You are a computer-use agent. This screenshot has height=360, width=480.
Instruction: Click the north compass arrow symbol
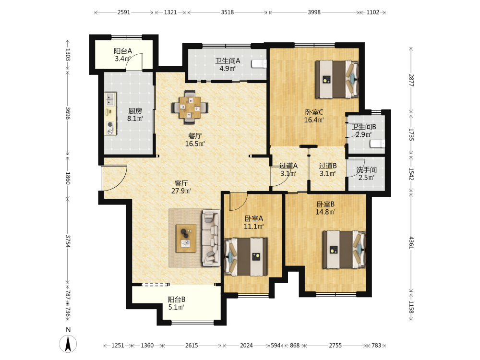click(x=68, y=344)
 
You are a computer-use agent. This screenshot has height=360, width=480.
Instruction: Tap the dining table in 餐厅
click(x=190, y=108)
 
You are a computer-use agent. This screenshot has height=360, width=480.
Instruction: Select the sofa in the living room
click(x=211, y=238)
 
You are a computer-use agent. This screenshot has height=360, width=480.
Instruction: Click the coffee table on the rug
click(x=186, y=238)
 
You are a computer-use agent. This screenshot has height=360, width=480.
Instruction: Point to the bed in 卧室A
click(x=246, y=257)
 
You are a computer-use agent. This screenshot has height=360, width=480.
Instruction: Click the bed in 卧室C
click(x=337, y=79)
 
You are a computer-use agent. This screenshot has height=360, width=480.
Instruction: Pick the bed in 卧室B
click(x=344, y=250)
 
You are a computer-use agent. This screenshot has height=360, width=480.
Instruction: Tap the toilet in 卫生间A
click(x=259, y=64)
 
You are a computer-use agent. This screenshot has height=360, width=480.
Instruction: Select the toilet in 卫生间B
click(x=377, y=144)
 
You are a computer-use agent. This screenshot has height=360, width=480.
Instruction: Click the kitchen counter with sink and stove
click(x=111, y=114)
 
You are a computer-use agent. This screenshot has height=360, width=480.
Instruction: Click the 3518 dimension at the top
click(x=228, y=12)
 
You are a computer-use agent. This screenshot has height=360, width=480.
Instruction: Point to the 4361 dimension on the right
click(x=411, y=242)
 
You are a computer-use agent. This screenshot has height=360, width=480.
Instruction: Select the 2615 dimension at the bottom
click(x=192, y=346)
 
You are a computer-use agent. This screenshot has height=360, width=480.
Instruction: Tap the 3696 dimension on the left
click(x=68, y=113)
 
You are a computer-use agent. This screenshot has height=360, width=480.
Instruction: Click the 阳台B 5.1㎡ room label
click(x=176, y=303)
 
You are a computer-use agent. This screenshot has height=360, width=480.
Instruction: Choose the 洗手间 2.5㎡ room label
click(x=366, y=174)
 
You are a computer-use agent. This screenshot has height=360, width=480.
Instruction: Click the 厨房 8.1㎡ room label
click(x=135, y=115)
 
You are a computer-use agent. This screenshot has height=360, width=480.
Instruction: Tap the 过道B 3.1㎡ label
click(x=328, y=169)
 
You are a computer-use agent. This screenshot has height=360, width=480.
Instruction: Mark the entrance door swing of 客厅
click(x=114, y=178)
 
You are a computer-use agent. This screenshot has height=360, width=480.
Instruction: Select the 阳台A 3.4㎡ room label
click(x=123, y=55)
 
